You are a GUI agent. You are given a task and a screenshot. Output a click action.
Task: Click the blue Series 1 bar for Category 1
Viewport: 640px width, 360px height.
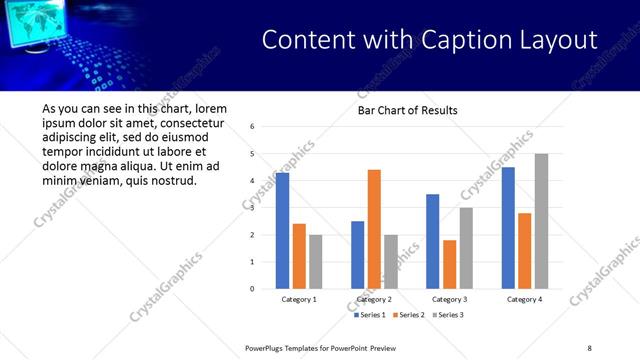pyautogui.click(x=282, y=231)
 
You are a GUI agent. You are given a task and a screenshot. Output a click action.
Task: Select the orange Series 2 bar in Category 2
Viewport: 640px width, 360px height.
pyautogui.click(x=374, y=229)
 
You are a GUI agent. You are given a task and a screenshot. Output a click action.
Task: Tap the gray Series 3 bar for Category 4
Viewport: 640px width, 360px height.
pyautogui.click(x=541, y=221)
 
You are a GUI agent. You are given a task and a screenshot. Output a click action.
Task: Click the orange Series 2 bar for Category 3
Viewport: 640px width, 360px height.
pyautogui.click(x=449, y=264)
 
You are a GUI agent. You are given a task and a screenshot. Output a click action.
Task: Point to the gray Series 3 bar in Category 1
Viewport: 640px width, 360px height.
pyautogui.click(x=316, y=262)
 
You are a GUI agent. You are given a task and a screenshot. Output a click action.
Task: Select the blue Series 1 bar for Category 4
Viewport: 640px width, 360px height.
pyautogui.click(x=508, y=228)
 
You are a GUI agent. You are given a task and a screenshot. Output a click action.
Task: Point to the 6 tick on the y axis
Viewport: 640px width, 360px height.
pyautogui.click(x=252, y=126)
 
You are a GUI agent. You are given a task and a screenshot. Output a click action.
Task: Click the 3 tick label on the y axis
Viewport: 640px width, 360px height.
pyautogui.click(x=252, y=208)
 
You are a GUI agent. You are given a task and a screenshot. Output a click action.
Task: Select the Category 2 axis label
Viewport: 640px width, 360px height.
pyautogui.click(x=374, y=299)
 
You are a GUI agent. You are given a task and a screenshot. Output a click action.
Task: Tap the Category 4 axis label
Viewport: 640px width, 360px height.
pyautogui.click(x=524, y=299)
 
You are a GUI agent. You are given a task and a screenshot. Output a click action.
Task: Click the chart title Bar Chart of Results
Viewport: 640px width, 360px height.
pyautogui.click(x=408, y=110)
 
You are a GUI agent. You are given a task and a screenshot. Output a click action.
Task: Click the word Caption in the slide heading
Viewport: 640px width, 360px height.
pyautogui.click(x=466, y=40)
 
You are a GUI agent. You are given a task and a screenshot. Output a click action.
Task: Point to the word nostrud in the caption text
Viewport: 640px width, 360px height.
pyautogui.click(x=174, y=180)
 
